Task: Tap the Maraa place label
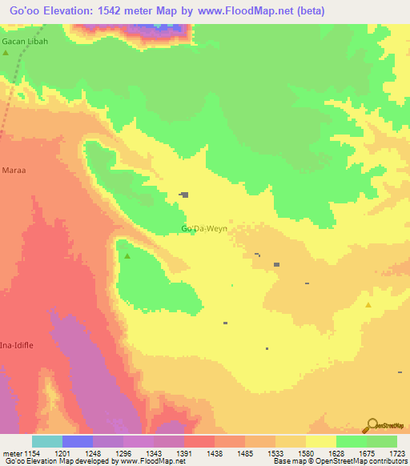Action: point(14,171)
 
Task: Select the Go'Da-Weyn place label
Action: point(204,229)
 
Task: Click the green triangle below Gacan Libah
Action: point(6,53)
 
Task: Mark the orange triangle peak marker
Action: point(368,305)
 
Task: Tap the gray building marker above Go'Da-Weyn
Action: point(185,195)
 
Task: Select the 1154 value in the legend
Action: point(31,453)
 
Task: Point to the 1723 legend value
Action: point(397,453)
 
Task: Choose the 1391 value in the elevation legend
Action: point(183,453)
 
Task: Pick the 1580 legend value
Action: point(305,453)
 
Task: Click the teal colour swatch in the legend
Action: point(47,441)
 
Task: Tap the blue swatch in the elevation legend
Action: point(78,441)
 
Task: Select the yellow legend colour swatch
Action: point(320,441)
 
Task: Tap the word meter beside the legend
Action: point(12,453)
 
